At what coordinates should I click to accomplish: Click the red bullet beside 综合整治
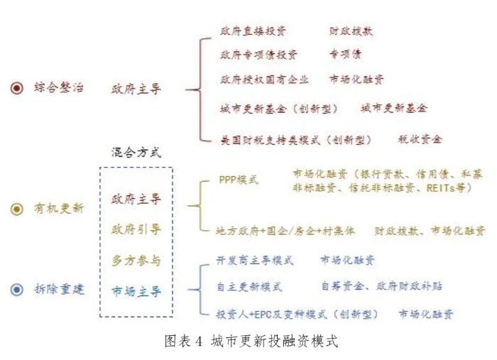point(17,88)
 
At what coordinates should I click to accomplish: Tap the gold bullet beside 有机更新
point(17,209)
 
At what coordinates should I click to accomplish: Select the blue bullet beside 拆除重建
point(17,290)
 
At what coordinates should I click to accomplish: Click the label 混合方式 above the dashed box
point(136,153)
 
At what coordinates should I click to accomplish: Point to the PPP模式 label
point(239,180)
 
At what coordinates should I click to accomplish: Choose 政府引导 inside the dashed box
point(136,229)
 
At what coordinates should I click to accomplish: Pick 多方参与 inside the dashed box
point(136,261)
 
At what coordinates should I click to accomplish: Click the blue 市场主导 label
point(136,291)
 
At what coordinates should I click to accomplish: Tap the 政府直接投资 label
point(253,31)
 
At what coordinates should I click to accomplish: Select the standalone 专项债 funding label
point(345,54)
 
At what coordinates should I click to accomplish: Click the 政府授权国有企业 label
point(264,80)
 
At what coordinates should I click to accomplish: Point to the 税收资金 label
point(420,138)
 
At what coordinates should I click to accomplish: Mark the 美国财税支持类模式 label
point(271,140)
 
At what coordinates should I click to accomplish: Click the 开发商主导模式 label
point(255,261)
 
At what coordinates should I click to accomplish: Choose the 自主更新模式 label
point(249,287)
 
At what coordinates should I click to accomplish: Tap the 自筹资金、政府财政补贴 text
point(382,286)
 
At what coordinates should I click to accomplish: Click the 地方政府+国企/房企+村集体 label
point(285,231)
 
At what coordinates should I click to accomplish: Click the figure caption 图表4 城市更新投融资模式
point(251,342)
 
